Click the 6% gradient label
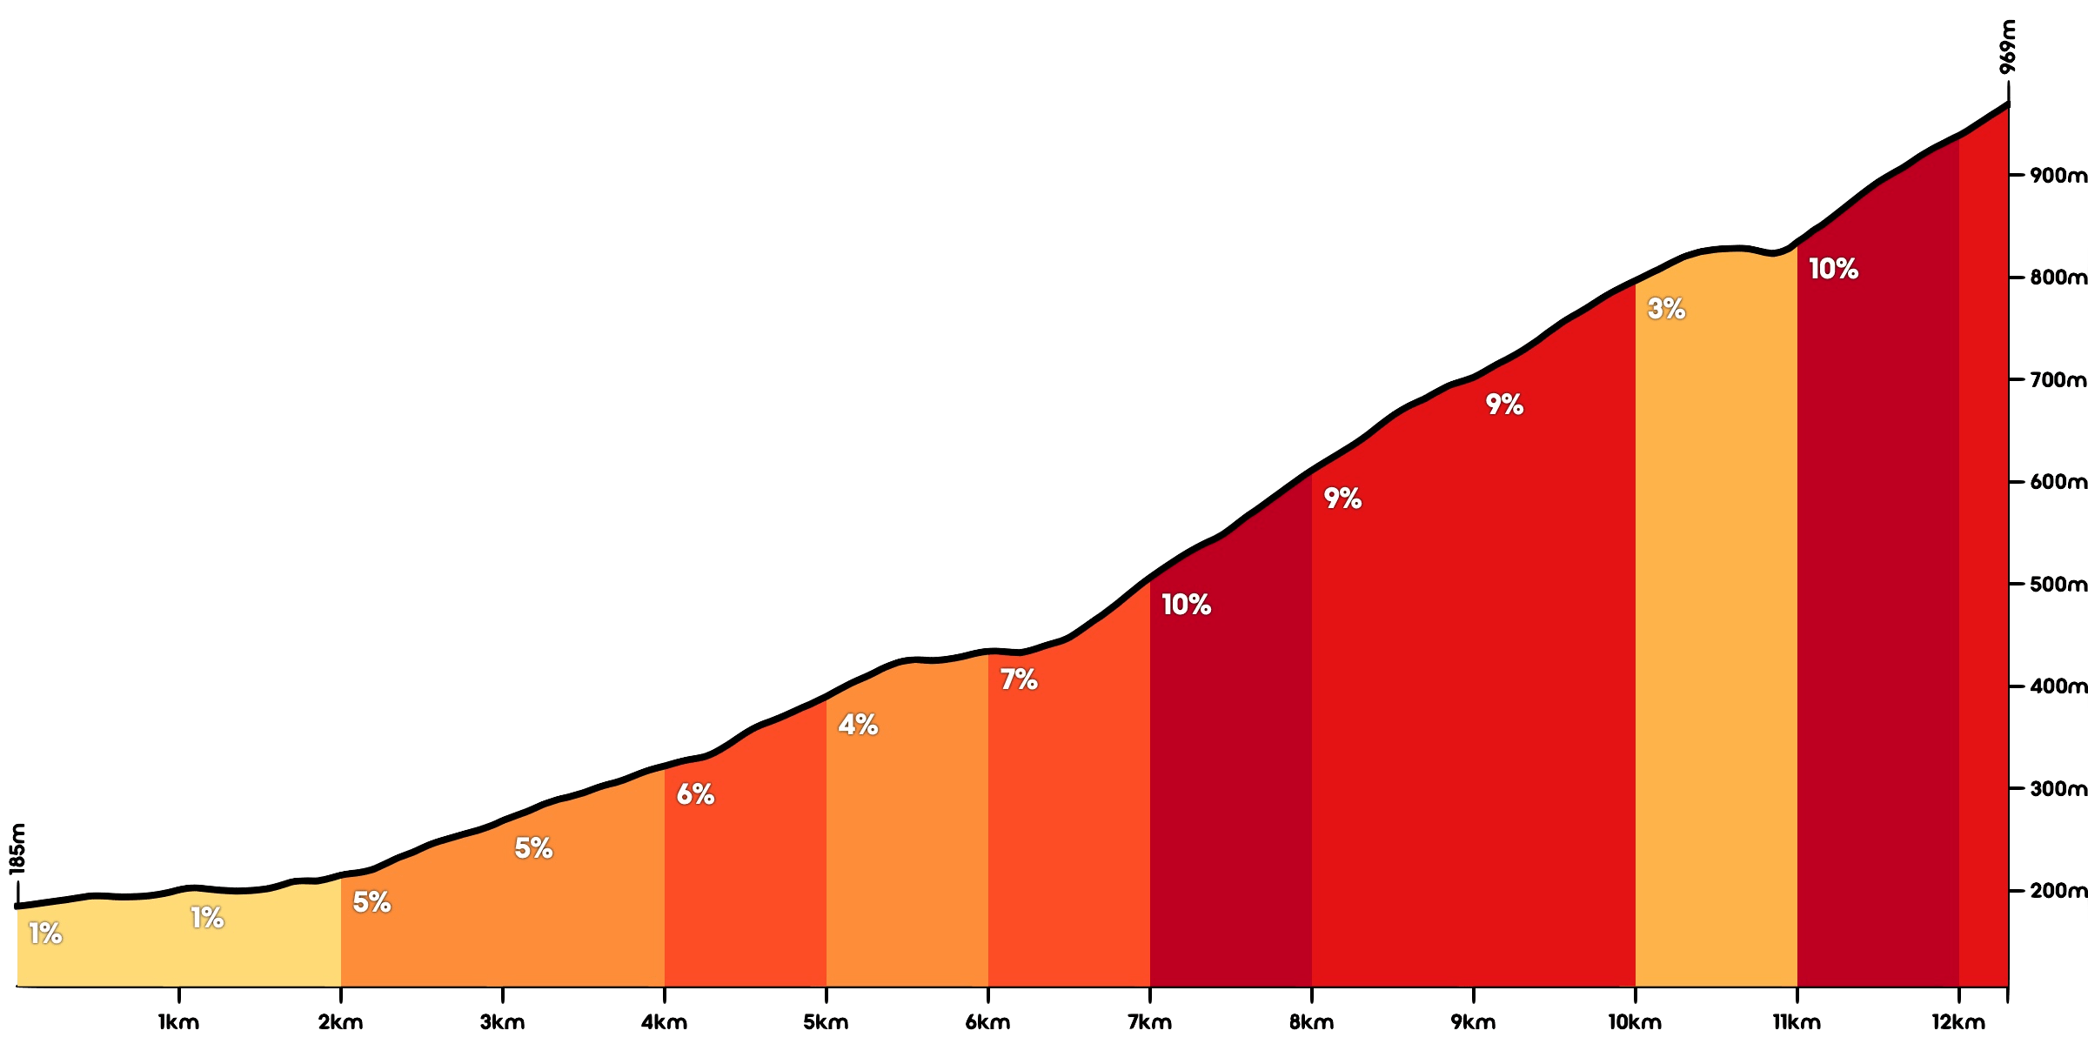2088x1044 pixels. [x=695, y=794]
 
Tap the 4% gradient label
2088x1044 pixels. [x=858, y=725]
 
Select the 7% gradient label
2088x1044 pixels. [x=1019, y=679]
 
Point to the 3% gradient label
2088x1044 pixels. [x=1666, y=309]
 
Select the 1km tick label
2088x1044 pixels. [x=178, y=1022]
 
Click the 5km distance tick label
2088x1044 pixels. [x=826, y=1022]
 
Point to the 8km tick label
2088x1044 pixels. [x=1311, y=1022]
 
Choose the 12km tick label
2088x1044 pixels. [x=1958, y=1022]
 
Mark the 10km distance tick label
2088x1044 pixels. [x=1635, y=1022]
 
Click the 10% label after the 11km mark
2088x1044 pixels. [x=1833, y=270]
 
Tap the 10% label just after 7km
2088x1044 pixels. [x=1186, y=605]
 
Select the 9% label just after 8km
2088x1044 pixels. [x=1342, y=499]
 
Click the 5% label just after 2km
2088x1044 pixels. [x=371, y=903]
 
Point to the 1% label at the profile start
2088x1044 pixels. [x=45, y=934]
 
